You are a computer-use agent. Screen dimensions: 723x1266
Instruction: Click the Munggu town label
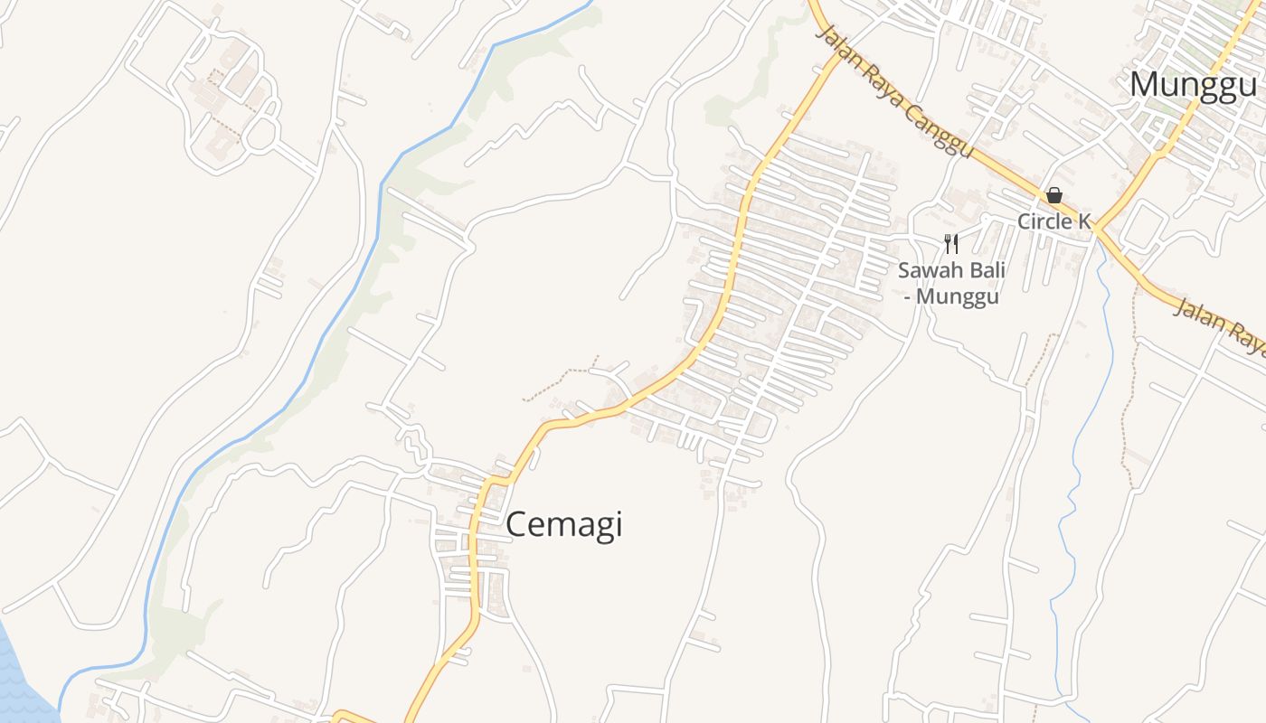tap(1193, 85)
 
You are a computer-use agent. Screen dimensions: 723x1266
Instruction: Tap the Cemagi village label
tap(564, 524)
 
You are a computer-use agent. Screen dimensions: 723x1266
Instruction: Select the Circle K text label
tap(1054, 221)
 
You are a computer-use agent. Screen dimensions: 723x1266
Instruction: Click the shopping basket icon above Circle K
tap(1054, 195)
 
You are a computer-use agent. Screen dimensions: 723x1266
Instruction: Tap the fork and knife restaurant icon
tap(950, 244)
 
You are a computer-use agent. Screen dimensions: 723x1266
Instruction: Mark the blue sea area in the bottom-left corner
tap(18, 673)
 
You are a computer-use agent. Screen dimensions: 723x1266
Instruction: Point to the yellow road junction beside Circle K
tap(1096, 228)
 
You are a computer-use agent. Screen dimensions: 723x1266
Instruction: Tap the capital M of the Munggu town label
tap(1145, 85)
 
